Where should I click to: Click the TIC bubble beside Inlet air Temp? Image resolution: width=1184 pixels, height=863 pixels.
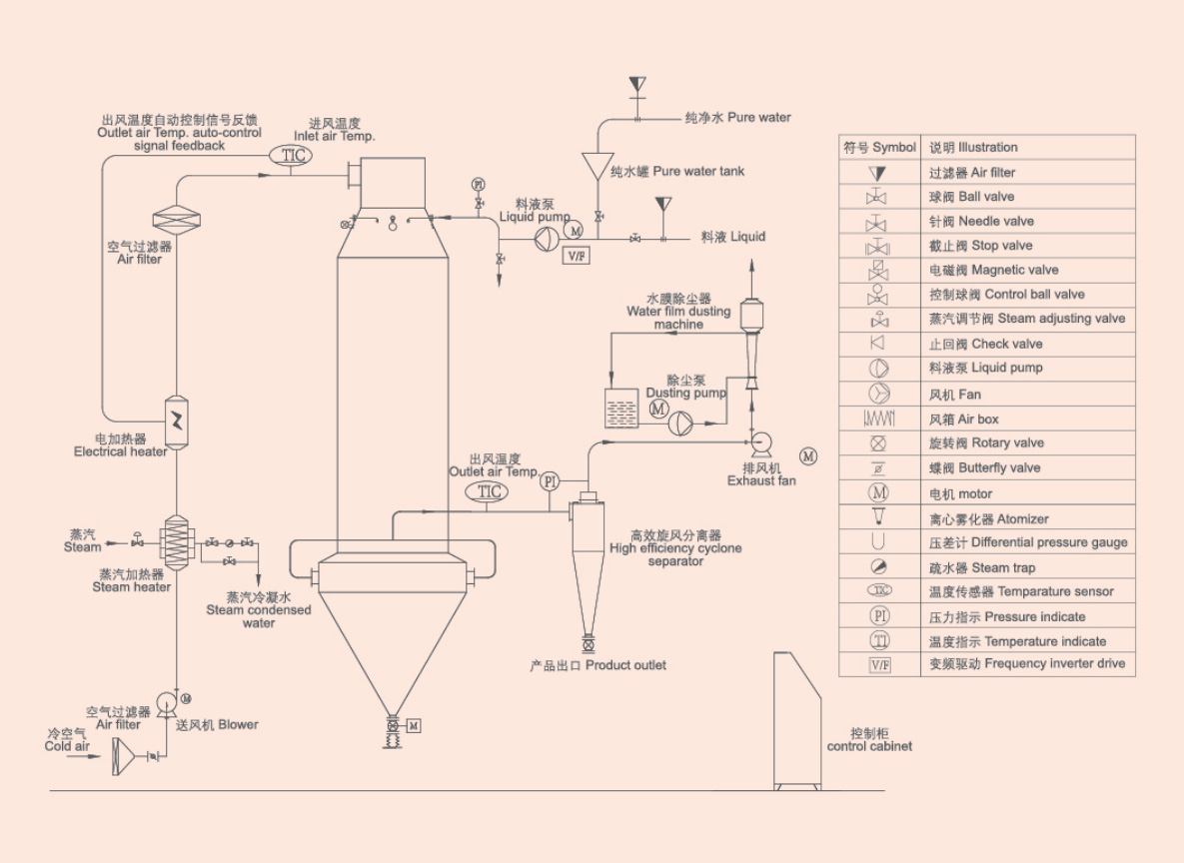(x=290, y=156)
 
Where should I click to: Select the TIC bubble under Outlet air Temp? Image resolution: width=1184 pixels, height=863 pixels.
(x=489, y=491)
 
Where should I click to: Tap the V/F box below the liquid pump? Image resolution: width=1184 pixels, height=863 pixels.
(x=577, y=256)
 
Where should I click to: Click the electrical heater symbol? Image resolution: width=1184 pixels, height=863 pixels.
(x=176, y=420)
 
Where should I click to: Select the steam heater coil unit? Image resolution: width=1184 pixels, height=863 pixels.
(x=176, y=543)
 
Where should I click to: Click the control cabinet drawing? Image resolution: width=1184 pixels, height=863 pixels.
(x=797, y=719)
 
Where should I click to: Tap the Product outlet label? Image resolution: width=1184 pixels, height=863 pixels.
(x=597, y=665)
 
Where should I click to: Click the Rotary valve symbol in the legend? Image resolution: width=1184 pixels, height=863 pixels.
(x=878, y=443)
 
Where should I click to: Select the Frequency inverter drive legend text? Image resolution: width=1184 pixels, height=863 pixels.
(x=1026, y=664)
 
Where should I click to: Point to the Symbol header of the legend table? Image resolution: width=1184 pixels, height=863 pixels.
(x=879, y=147)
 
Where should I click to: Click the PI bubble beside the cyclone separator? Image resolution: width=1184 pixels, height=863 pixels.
(x=549, y=481)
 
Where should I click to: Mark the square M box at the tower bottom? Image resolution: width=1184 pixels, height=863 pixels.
(x=414, y=725)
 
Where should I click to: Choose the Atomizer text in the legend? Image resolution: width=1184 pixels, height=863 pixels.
(x=988, y=518)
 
